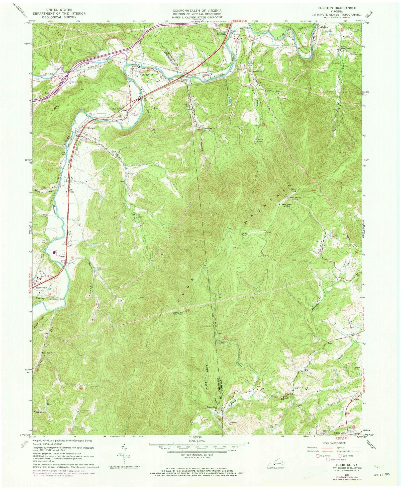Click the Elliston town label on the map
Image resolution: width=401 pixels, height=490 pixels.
[x=91, y=128]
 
